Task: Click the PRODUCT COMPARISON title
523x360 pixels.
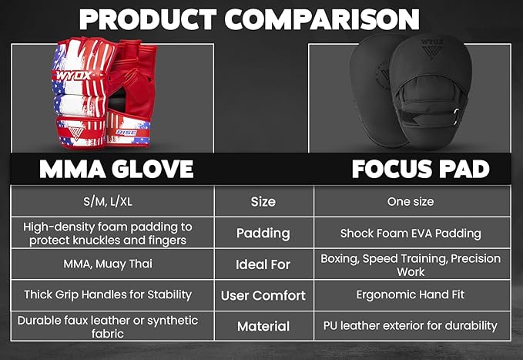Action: [249, 19]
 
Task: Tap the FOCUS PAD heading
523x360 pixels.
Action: [421, 169]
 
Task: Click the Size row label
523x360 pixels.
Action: [263, 202]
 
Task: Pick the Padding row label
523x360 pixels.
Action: [263, 233]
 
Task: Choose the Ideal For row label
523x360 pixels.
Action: [263, 264]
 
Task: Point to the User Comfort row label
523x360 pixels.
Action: [263, 295]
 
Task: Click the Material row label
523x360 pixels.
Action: [263, 326]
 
